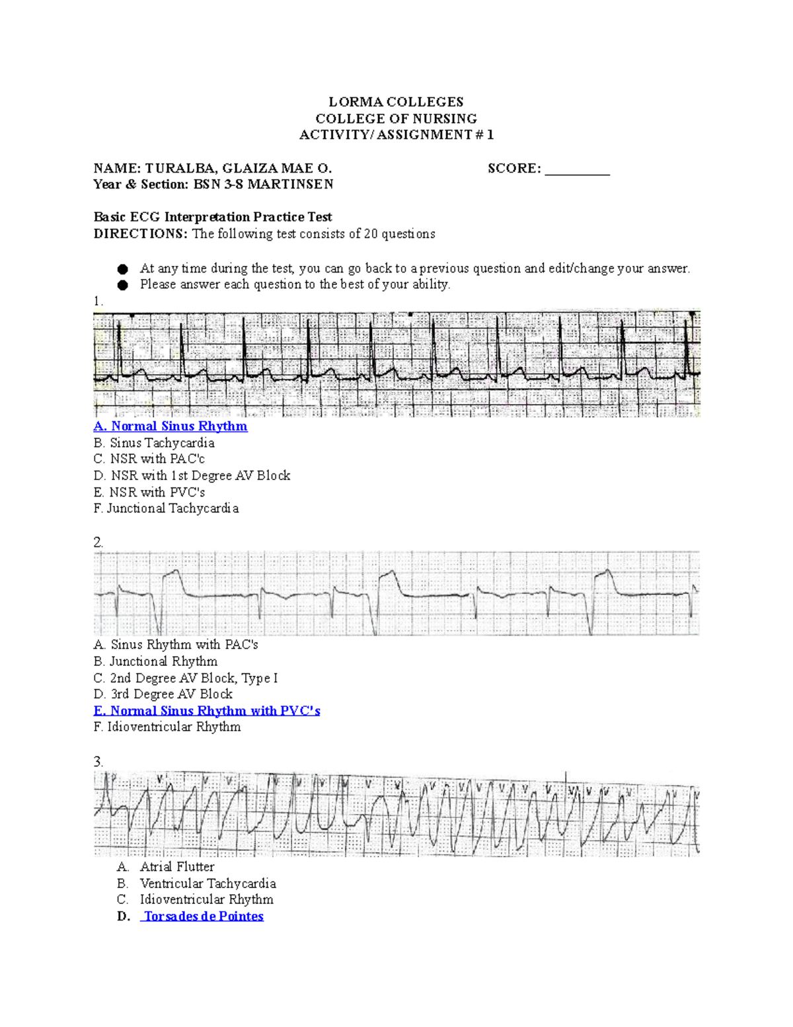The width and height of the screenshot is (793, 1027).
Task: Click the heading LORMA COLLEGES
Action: [396, 102]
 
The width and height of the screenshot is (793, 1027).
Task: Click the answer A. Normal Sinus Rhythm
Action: [170, 427]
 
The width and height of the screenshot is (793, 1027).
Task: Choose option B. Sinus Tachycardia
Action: [154, 443]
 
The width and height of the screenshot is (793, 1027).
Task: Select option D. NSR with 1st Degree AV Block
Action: [192, 475]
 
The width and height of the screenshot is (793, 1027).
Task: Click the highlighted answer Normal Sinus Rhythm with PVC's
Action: [207, 711]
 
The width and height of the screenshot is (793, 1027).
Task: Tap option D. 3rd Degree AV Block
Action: [163, 694]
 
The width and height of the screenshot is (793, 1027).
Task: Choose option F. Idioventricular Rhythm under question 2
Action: [167, 727]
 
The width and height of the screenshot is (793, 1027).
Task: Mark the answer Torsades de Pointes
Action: [204, 917]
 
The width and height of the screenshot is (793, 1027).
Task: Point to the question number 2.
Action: [98, 542]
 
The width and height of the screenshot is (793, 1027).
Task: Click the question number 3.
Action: [98, 762]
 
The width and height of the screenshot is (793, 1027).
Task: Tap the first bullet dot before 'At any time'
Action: [122, 269]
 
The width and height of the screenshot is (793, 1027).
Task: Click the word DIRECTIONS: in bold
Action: [140, 234]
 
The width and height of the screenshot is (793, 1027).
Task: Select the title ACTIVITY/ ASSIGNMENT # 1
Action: [396, 135]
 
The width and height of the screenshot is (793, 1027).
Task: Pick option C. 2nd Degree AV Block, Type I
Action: [186, 678]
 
